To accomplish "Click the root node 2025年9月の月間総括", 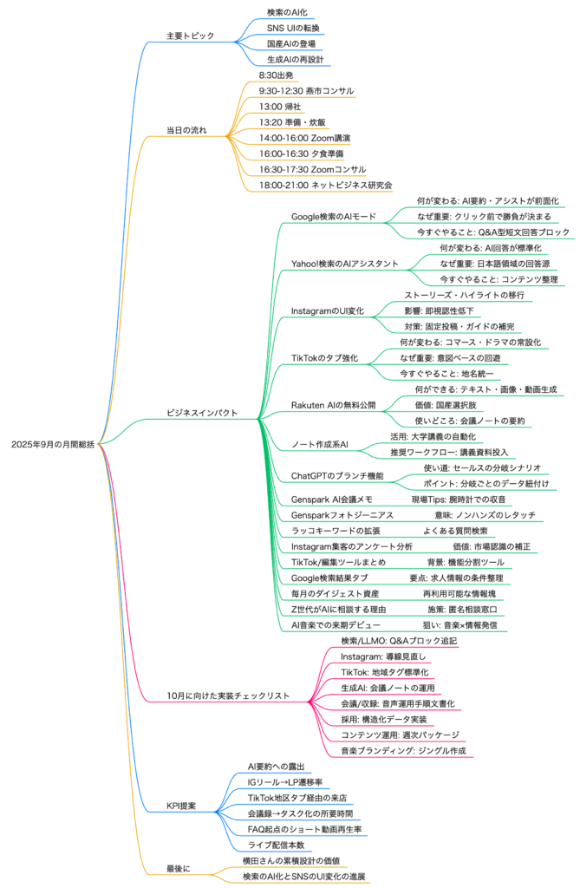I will pyautogui.click(x=52, y=444).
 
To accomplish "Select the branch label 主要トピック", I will pyautogui.click(x=190, y=36).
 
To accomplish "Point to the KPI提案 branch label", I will pyautogui.click(x=180, y=806).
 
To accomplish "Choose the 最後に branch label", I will pyautogui.click(x=179, y=868).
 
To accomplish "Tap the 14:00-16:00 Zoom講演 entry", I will pyautogui.click(x=303, y=138).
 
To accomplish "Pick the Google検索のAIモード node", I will pyautogui.click(x=333, y=216).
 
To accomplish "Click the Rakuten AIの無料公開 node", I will pyautogui.click(x=332, y=405).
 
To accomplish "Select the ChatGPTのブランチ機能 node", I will pyautogui.click(x=337, y=475).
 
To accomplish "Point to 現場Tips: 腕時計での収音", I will pyautogui.click(x=459, y=499).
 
